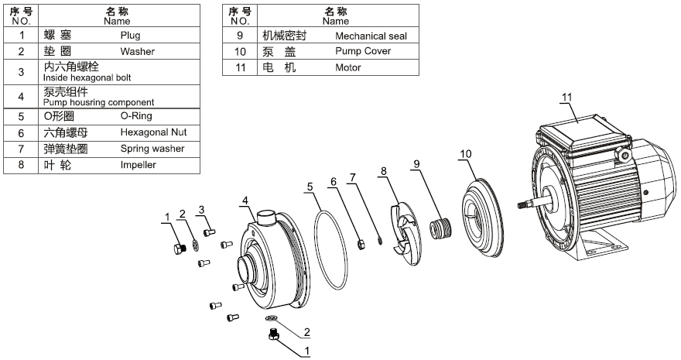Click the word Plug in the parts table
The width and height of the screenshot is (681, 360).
130,35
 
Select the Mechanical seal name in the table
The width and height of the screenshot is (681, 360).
371,36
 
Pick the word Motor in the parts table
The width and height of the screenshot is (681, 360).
347,67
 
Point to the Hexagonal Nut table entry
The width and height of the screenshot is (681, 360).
153,132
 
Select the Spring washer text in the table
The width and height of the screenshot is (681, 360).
152,149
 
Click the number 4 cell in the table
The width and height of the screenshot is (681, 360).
22,97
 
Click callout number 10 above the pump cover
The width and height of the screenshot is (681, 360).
465,155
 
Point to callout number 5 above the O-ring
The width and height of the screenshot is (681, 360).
310,187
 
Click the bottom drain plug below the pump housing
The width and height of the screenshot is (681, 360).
272,334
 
